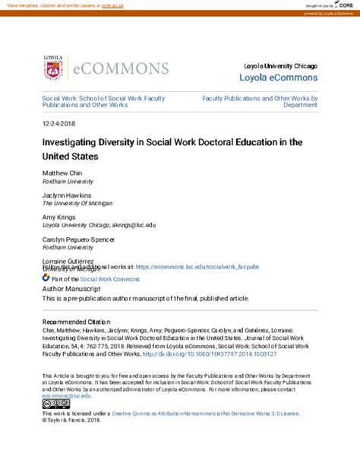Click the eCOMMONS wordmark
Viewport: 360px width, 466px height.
pos(121,69)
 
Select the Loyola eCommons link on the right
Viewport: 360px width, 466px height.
pos(279,78)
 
